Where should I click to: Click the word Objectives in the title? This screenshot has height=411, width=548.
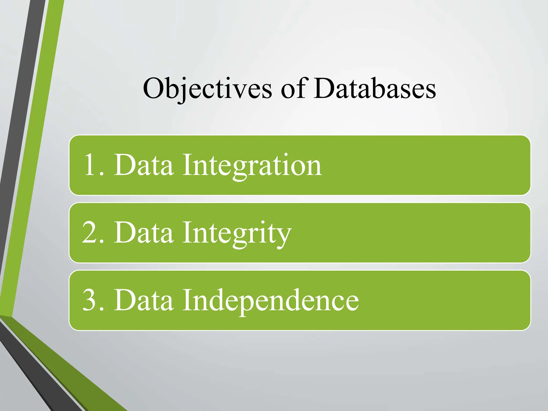pyautogui.click(x=208, y=88)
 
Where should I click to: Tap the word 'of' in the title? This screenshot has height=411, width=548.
pyautogui.click(x=293, y=88)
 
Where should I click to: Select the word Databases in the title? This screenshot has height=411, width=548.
pyautogui.click(x=375, y=88)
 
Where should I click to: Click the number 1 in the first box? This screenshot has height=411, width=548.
pyautogui.click(x=90, y=165)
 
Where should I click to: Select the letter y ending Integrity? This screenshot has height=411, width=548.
pyautogui.click(x=284, y=235)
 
